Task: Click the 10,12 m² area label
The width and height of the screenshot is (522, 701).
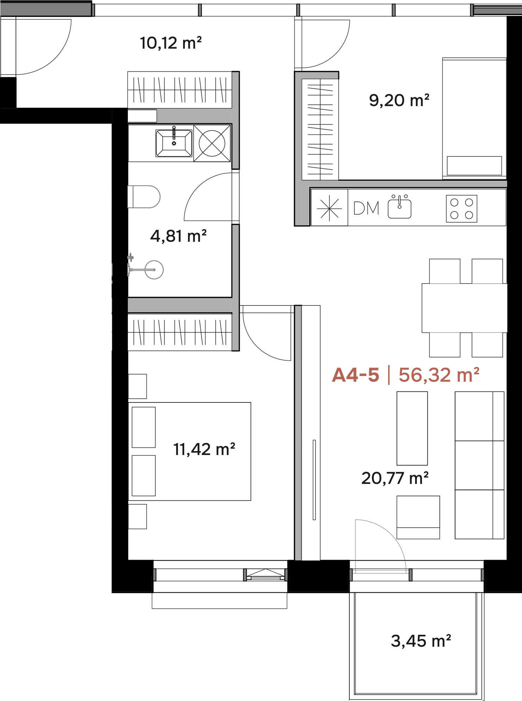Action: coord(171,43)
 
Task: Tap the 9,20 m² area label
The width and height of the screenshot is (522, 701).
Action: coord(399,100)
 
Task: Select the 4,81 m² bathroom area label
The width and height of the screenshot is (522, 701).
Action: coord(178,236)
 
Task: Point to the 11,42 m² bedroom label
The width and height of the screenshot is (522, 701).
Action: coord(204,449)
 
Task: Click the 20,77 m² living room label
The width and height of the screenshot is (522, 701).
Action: coord(395,478)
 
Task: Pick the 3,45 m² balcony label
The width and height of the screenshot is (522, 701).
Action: coord(421,641)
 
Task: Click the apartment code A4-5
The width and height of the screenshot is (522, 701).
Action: coord(356,375)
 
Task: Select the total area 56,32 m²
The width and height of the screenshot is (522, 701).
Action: coord(439,375)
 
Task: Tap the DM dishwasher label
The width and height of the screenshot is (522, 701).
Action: coord(366,208)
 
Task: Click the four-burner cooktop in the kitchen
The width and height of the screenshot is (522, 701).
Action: coord(461,209)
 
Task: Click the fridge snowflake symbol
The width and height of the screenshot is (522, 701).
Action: coord(329,208)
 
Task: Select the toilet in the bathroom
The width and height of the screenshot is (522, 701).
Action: coord(144,197)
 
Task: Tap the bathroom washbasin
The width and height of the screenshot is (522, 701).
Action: coord(174,143)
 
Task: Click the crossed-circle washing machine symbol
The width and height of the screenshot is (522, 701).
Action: coord(212,143)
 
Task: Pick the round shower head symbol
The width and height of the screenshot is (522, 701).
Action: coord(154,270)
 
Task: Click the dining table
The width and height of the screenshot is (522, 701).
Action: coord(465,308)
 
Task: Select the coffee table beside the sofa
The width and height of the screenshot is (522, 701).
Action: coord(412,428)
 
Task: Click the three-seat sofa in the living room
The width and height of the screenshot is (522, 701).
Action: coord(479,465)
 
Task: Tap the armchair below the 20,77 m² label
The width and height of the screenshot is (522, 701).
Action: coord(418,517)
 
